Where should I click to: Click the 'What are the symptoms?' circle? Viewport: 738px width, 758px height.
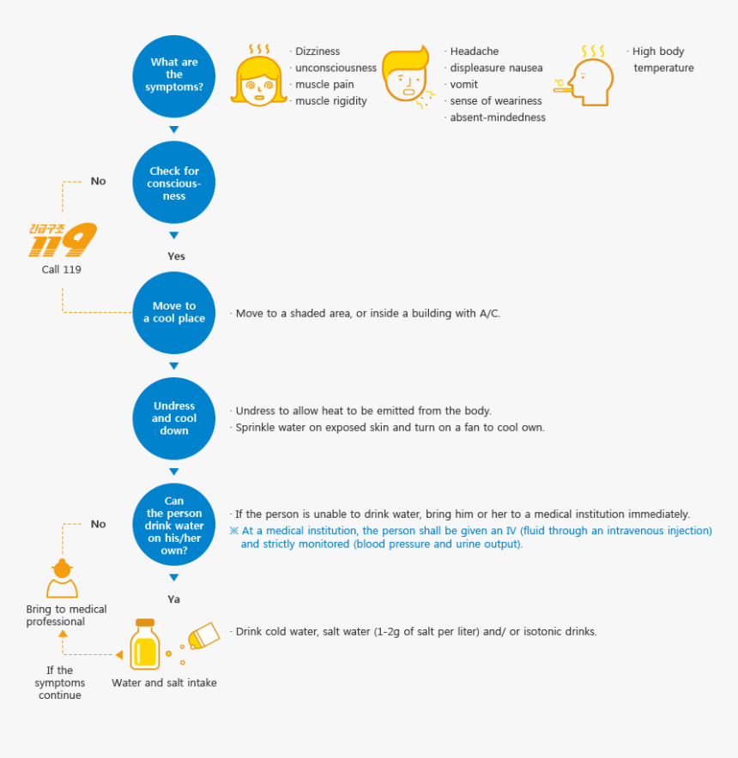click(x=173, y=76)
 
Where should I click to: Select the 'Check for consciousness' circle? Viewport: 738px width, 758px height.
click(x=173, y=183)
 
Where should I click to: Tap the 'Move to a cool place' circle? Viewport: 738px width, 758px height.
click(x=173, y=313)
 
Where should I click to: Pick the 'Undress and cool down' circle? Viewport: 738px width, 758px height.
click(x=173, y=418)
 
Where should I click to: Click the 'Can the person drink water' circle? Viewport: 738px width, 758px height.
click(x=173, y=525)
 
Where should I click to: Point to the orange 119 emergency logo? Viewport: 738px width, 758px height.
click(x=63, y=240)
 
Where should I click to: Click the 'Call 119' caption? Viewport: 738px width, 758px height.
click(x=62, y=269)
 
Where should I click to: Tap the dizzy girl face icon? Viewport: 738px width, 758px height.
click(x=259, y=75)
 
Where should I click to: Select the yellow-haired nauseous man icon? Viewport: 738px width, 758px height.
click(x=408, y=76)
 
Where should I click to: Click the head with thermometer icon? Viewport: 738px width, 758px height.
click(x=584, y=76)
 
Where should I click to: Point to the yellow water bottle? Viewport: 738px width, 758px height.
click(x=145, y=644)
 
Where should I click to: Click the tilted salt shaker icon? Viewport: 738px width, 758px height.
click(x=203, y=635)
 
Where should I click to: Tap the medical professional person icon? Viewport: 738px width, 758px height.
click(x=62, y=578)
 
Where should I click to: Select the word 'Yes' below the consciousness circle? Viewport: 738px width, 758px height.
click(x=176, y=256)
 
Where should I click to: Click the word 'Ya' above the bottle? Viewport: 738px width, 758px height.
click(x=173, y=599)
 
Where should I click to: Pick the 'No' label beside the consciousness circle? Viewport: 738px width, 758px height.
click(x=98, y=181)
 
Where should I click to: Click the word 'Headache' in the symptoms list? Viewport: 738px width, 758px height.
click(x=475, y=51)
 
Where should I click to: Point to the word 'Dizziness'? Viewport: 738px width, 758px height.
click(x=318, y=51)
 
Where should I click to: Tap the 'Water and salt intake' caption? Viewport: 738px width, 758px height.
click(x=164, y=683)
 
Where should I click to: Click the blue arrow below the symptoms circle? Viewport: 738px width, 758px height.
click(x=173, y=129)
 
